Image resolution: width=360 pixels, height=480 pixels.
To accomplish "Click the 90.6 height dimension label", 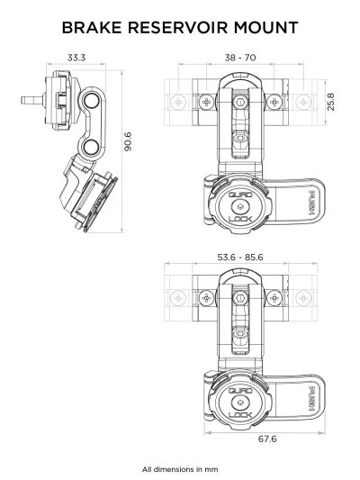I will tap(128, 142).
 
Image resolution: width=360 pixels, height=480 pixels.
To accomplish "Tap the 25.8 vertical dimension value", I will tap(330, 100).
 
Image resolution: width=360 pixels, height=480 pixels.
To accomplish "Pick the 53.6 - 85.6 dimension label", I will tap(239, 258).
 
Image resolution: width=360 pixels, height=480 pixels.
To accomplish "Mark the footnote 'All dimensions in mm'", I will tap(179, 468).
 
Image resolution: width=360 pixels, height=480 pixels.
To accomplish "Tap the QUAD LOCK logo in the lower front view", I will tap(238, 401).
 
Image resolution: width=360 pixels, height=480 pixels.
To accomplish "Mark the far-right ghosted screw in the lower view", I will tap(303, 298).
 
